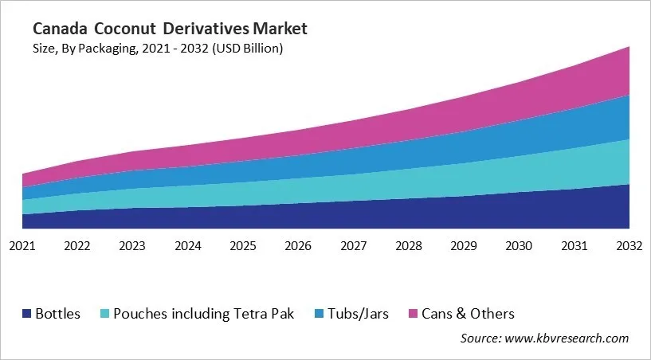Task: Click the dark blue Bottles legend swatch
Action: [27, 314]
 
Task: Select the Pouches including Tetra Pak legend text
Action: [203, 314]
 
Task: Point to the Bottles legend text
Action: [57, 314]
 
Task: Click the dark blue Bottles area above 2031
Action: [575, 209]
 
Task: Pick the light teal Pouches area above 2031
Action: [575, 168]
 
